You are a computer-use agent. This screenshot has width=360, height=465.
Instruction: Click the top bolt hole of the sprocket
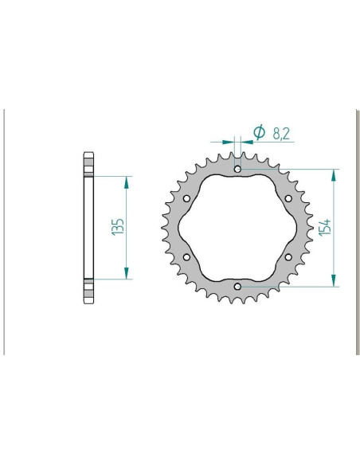[x=237, y=169]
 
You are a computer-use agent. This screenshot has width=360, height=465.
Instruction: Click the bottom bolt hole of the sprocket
[x=237, y=286]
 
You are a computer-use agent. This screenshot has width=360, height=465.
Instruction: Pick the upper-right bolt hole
[x=288, y=198]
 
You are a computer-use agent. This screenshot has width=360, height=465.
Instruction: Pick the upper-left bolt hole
[x=186, y=198]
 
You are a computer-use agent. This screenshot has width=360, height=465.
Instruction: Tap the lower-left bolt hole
[x=186, y=256]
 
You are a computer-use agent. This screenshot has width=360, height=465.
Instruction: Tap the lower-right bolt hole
[x=288, y=256]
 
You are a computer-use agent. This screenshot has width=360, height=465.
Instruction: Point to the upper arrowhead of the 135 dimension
[x=126, y=181]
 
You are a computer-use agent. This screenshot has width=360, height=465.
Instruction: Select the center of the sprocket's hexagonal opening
[x=237, y=227]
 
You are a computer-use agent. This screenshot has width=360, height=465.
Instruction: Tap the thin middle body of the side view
[x=88, y=227]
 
